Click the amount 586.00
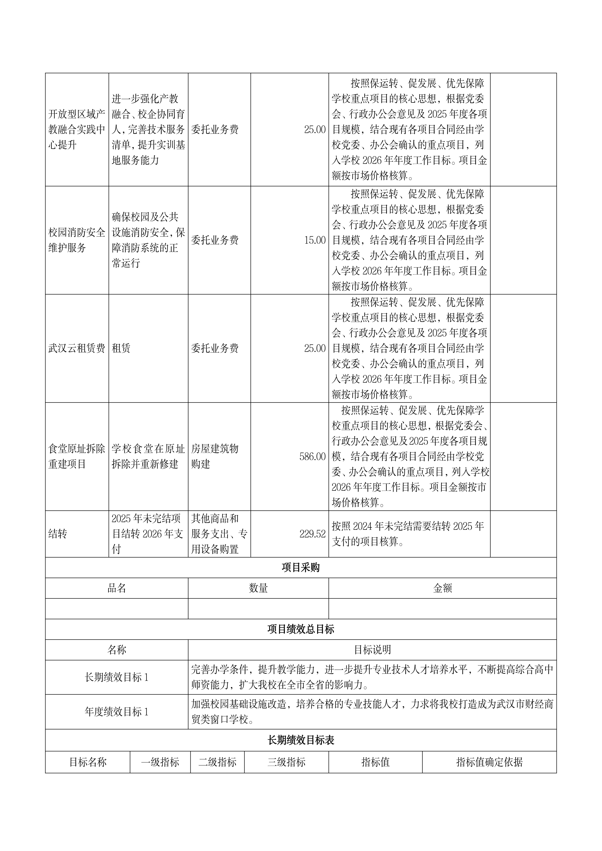point(312,457)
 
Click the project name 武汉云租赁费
point(77,348)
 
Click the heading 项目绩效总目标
point(301,629)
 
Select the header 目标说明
point(372,650)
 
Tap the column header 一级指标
point(160,762)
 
